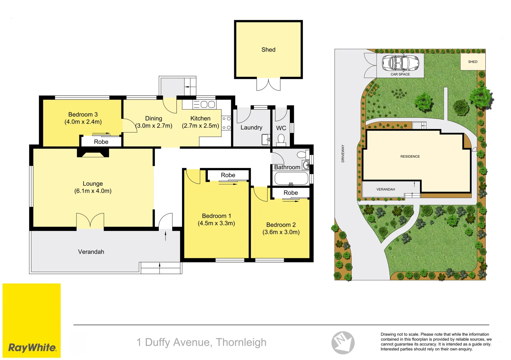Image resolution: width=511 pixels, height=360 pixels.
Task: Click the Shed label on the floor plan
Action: (268, 50)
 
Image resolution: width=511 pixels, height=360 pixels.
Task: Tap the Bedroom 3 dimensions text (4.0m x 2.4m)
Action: (83, 122)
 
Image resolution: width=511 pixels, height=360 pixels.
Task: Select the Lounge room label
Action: (93, 184)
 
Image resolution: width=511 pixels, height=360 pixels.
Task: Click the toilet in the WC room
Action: (281, 139)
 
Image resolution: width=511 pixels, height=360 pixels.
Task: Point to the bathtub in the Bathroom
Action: (291, 178)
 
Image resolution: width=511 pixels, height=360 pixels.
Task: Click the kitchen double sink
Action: (207, 104)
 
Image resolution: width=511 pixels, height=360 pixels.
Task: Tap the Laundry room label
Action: (251, 128)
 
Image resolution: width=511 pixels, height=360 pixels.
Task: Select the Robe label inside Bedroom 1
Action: (228, 175)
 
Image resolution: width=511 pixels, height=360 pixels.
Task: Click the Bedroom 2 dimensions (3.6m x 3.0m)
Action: (281, 232)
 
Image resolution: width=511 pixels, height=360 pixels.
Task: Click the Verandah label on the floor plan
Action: (91, 252)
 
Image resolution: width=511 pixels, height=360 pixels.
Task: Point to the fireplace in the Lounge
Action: (93, 153)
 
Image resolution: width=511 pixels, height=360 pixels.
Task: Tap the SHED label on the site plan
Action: (473, 62)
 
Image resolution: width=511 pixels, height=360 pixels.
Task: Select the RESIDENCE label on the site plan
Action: (410, 156)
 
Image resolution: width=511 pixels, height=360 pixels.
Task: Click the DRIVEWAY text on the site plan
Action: (343, 153)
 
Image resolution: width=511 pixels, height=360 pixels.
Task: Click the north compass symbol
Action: (343, 342)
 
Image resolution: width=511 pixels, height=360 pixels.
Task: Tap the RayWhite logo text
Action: (32, 348)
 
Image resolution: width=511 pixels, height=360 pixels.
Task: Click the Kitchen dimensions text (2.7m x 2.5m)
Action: (200, 126)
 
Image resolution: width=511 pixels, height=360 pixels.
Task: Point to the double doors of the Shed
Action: (268, 85)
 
